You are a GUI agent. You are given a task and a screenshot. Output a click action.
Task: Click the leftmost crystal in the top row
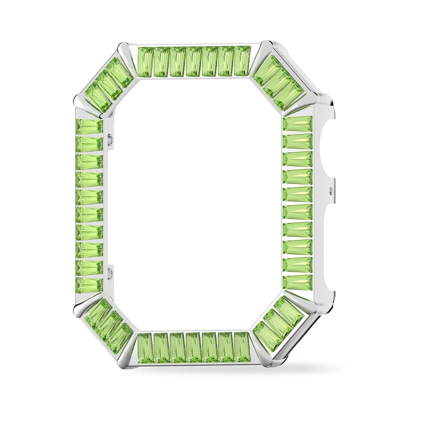point(145,61)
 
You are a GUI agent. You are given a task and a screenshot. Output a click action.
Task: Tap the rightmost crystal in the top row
point(242,61)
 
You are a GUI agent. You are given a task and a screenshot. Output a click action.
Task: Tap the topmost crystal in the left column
point(89,127)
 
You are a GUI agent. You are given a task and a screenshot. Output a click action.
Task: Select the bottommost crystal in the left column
point(89,284)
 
